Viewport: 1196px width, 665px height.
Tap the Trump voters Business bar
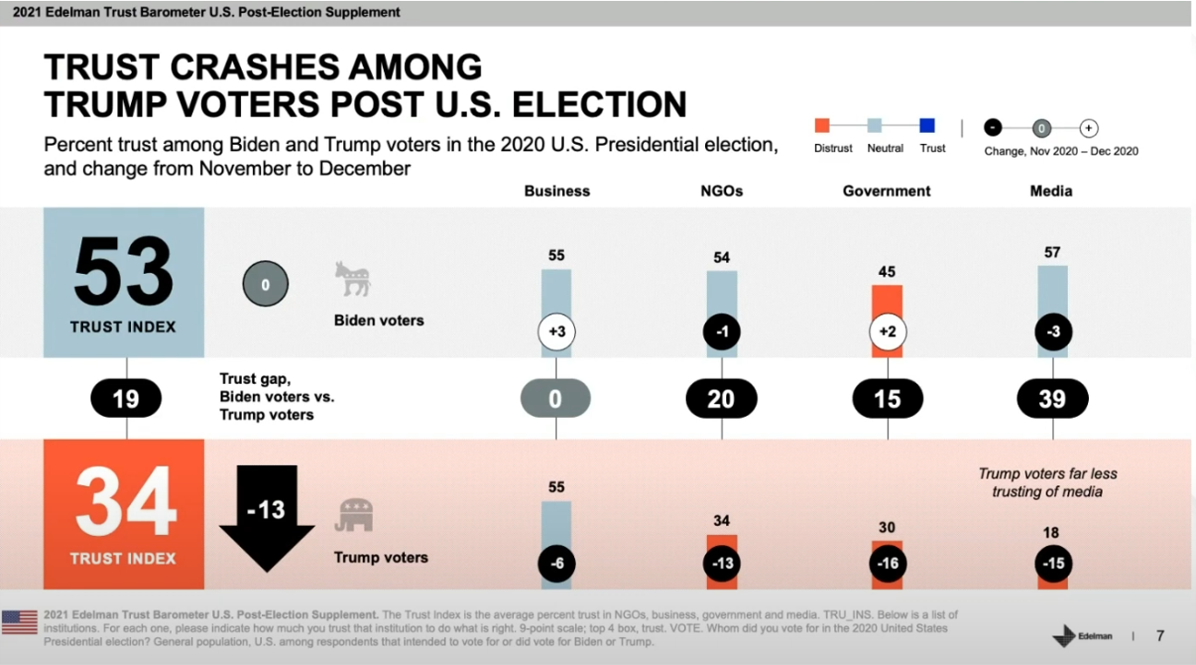click(x=556, y=526)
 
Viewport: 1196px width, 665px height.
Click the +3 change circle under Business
click(x=556, y=332)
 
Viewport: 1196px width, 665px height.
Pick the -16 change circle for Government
click(x=887, y=564)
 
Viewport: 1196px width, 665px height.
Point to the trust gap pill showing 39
click(x=1052, y=398)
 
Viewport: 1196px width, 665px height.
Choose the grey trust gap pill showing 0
click(x=556, y=398)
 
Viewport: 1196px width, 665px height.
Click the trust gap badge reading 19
click(x=126, y=398)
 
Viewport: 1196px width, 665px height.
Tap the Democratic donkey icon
click(x=352, y=279)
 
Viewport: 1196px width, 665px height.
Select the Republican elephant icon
click(x=354, y=516)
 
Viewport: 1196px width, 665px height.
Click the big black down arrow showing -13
click(x=267, y=517)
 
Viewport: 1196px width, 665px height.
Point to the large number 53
click(x=124, y=272)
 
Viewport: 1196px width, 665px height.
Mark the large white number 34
click(x=126, y=503)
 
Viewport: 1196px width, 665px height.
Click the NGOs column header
click(x=722, y=191)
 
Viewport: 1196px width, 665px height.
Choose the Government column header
click(x=887, y=191)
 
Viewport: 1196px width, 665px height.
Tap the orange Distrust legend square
click(x=822, y=125)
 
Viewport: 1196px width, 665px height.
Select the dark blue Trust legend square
click(x=927, y=125)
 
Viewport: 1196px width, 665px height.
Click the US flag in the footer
click(x=19, y=622)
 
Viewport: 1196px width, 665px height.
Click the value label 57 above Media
click(x=1052, y=252)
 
